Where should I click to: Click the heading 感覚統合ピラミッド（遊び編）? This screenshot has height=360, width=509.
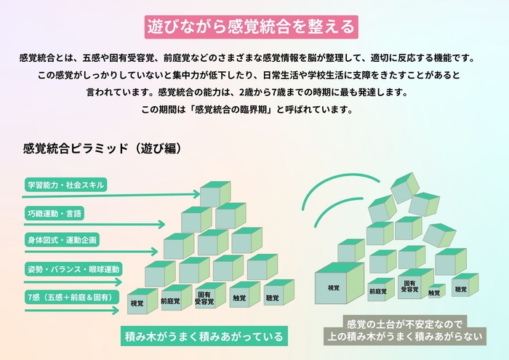pos(102,148)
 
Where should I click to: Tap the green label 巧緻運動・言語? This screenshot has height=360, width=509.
pos(55,213)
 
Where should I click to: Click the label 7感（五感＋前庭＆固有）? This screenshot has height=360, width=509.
pos(69,296)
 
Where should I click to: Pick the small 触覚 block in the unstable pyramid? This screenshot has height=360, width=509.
pos(435,291)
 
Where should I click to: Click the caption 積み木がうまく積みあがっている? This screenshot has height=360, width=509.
pos(203,337)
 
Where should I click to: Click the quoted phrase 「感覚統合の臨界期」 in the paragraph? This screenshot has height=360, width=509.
pos(231,111)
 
